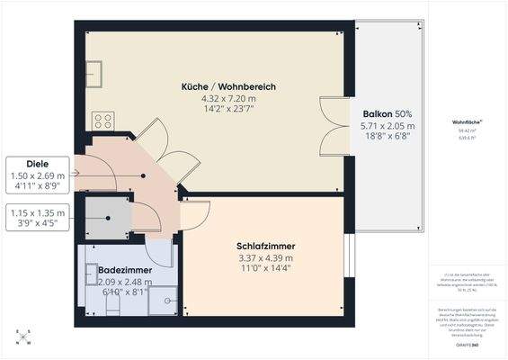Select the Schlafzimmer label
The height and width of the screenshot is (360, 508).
[266, 246]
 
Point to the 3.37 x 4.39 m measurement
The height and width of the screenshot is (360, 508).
[266, 258]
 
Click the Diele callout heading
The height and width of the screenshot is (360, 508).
[36, 165]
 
